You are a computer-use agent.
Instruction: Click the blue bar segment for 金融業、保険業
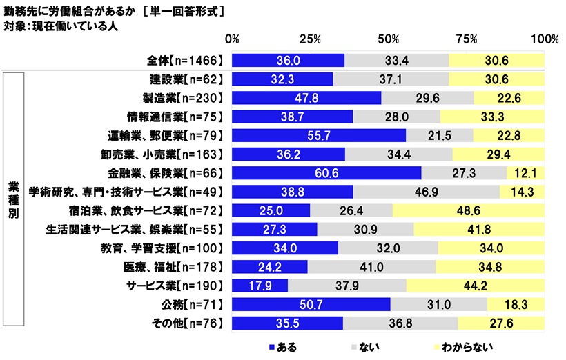(x=326, y=172)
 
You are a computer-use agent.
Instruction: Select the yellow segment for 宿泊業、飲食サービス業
(x=468, y=210)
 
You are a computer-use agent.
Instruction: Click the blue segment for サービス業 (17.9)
(x=260, y=285)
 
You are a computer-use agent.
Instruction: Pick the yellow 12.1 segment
(x=525, y=172)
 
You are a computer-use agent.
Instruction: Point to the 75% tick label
(x=467, y=39)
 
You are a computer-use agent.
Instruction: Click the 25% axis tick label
(x=311, y=39)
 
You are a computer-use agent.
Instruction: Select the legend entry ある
(x=285, y=346)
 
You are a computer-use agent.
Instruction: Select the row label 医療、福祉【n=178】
(x=184, y=266)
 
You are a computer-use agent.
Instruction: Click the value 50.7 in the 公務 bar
(x=312, y=304)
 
